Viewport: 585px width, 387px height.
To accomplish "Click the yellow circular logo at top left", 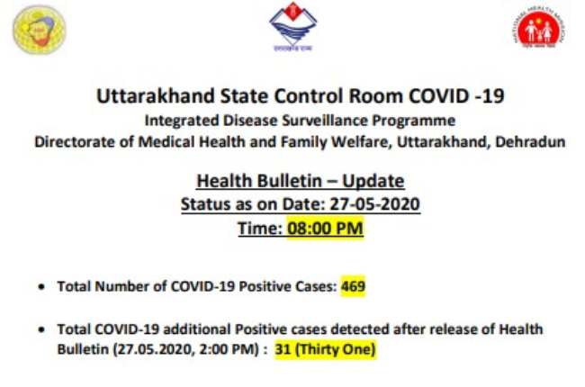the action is tap(39, 30).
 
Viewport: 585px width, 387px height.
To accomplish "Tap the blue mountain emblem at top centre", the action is tap(292, 26).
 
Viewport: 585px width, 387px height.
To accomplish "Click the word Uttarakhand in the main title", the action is tap(156, 96).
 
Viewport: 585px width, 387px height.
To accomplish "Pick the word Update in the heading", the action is tap(373, 182).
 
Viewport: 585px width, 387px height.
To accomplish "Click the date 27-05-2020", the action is tap(375, 204).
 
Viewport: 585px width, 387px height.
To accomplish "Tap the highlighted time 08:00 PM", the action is tap(325, 228).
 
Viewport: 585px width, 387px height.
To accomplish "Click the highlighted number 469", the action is tap(353, 286).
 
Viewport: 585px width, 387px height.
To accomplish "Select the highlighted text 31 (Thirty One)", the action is tap(325, 349).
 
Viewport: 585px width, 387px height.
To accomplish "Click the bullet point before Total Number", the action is tap(41, 287).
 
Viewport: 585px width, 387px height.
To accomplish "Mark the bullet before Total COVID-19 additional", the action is tap(41, 330).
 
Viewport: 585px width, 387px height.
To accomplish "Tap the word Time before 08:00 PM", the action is tap(260, 228).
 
